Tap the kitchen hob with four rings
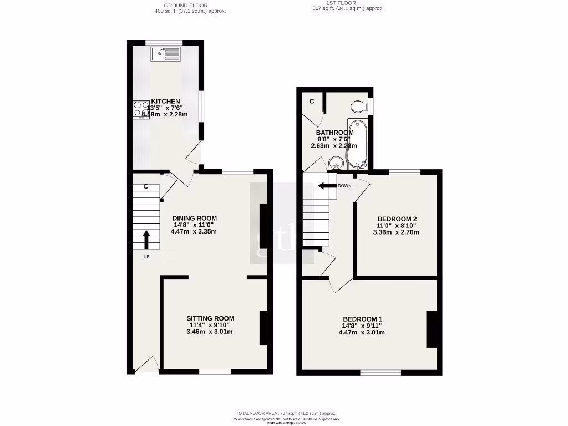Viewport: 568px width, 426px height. [x=141, y=109]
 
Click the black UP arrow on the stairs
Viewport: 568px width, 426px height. [x=146, y=239]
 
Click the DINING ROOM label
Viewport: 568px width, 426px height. [x=194, y=218]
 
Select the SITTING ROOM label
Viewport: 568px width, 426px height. [x=210, y=318]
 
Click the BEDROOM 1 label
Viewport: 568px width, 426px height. [x=362, y=318]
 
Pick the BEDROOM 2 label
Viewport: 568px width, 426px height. [x=397, y=219]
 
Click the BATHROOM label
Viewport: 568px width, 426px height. [x=334, y=133]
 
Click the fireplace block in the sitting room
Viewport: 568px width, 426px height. [x=263, y=328]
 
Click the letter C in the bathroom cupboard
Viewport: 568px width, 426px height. [x=312, y=101]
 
